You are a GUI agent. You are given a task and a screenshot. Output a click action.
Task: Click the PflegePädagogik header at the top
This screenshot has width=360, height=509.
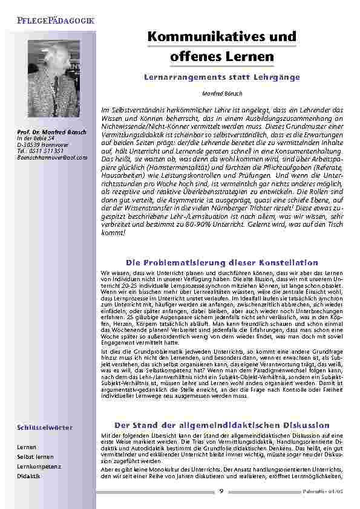pyautogui.click(x=55, y=21)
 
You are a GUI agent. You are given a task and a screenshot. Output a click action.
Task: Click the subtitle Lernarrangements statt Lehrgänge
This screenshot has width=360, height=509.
pyautogui.click(x=221, y=78)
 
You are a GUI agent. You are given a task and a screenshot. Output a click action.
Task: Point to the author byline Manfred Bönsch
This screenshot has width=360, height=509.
pyautogui.click(x=221, y=94)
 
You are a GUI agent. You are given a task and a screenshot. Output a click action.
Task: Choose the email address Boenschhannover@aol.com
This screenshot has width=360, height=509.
pyautogui.click(x=52, y=157)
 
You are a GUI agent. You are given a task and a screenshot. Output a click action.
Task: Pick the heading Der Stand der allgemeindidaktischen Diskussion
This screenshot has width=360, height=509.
pyautogui.click(x=221, y=425)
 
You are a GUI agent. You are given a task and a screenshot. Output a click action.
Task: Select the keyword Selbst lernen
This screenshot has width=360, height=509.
pyautogui.click(x=35, y=457)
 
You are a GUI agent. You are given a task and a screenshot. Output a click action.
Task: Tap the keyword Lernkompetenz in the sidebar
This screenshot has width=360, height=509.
pyautogui.click(x=39, y=467)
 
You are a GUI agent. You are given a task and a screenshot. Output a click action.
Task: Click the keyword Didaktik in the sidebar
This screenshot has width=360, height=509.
pyautogui.click(x=29, y=476)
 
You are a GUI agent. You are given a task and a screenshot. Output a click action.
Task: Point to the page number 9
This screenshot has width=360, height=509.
pyautogui.click(x=221, y=491)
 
